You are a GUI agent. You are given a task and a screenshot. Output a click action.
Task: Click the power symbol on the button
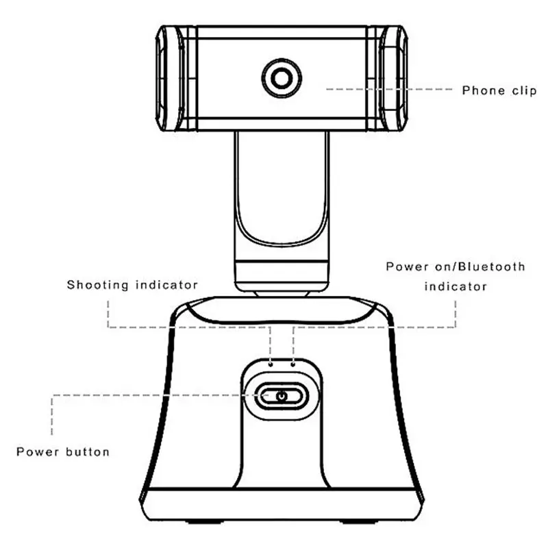281,395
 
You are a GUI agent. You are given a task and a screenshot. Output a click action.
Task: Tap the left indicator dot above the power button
271,364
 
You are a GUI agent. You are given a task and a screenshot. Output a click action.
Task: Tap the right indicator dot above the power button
293,364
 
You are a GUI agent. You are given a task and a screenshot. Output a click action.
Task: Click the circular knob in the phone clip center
281,78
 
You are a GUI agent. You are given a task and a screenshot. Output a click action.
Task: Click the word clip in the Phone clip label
521,90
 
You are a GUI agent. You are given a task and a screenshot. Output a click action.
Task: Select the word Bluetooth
492,266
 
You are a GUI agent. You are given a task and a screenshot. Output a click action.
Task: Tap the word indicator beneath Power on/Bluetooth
456,286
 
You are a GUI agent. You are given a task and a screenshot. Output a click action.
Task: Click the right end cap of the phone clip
393,78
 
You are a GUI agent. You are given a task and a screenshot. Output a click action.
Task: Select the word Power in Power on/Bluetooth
404,266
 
